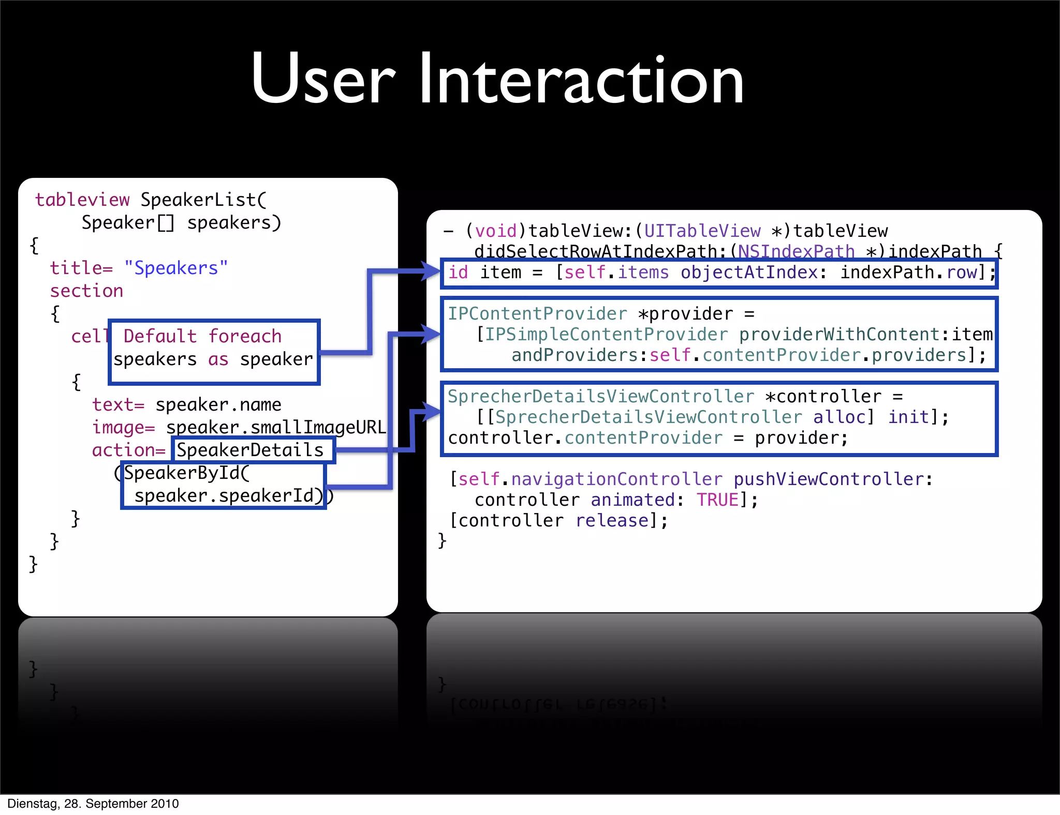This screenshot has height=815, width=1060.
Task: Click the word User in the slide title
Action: pos(323,80)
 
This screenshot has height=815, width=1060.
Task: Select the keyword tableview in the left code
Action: pos(82,200)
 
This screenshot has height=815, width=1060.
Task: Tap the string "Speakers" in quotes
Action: pos(176,268)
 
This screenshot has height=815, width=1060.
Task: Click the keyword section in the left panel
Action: pos(86,291)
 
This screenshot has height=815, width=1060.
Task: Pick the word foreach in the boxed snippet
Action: pos(245,336)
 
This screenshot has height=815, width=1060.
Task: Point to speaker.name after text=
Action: pos(218,404)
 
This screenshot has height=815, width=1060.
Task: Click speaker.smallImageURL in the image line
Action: pos(276,427)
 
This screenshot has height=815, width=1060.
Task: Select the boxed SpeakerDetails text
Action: pos(250,450)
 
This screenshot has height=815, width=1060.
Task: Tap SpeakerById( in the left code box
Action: pos(187,473)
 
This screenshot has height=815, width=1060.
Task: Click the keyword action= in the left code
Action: pos(128,450)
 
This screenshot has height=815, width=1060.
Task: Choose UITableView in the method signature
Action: pos(702,231)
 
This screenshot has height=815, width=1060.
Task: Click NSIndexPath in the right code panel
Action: pos(796,251)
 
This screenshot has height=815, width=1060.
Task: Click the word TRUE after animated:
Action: pos(717,500)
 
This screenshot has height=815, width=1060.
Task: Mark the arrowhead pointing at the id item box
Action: pos(430,271)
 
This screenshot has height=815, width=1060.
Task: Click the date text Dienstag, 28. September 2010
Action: pos(93,804)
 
